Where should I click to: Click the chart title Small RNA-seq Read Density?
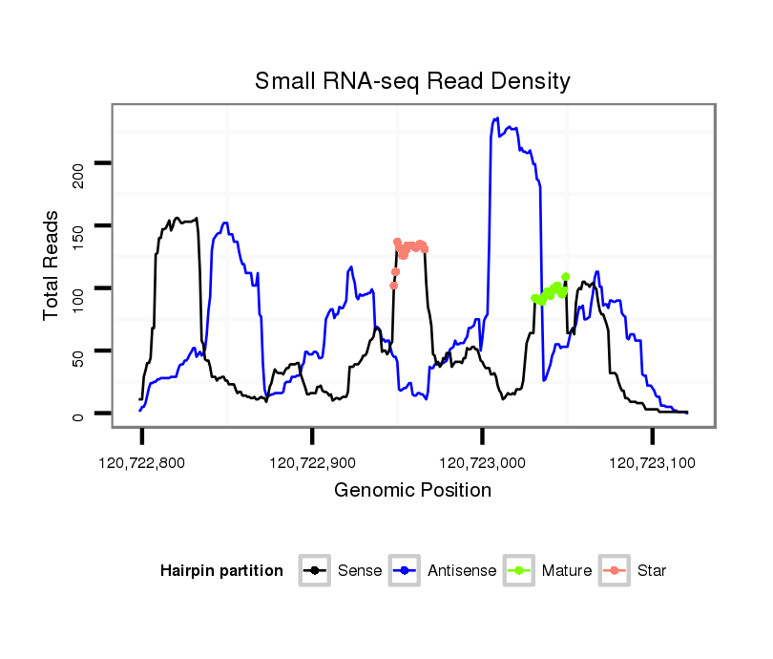pos(412,81)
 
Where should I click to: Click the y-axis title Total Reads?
pos(53,266)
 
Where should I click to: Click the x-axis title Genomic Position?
pos(412,491)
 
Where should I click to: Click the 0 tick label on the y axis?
pos(79,415)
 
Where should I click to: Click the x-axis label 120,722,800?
pos(141,463)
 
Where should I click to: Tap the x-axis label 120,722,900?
pos(311,463)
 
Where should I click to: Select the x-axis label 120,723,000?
pos(481,463)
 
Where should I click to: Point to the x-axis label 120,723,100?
pos(652,463)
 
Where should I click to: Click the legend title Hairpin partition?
pos(221,571)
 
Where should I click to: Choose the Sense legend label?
pos(360,571)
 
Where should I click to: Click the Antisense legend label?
pos(462,571)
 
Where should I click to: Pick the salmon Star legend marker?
pos(615,571)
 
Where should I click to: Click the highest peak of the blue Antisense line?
pos(496,118)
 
